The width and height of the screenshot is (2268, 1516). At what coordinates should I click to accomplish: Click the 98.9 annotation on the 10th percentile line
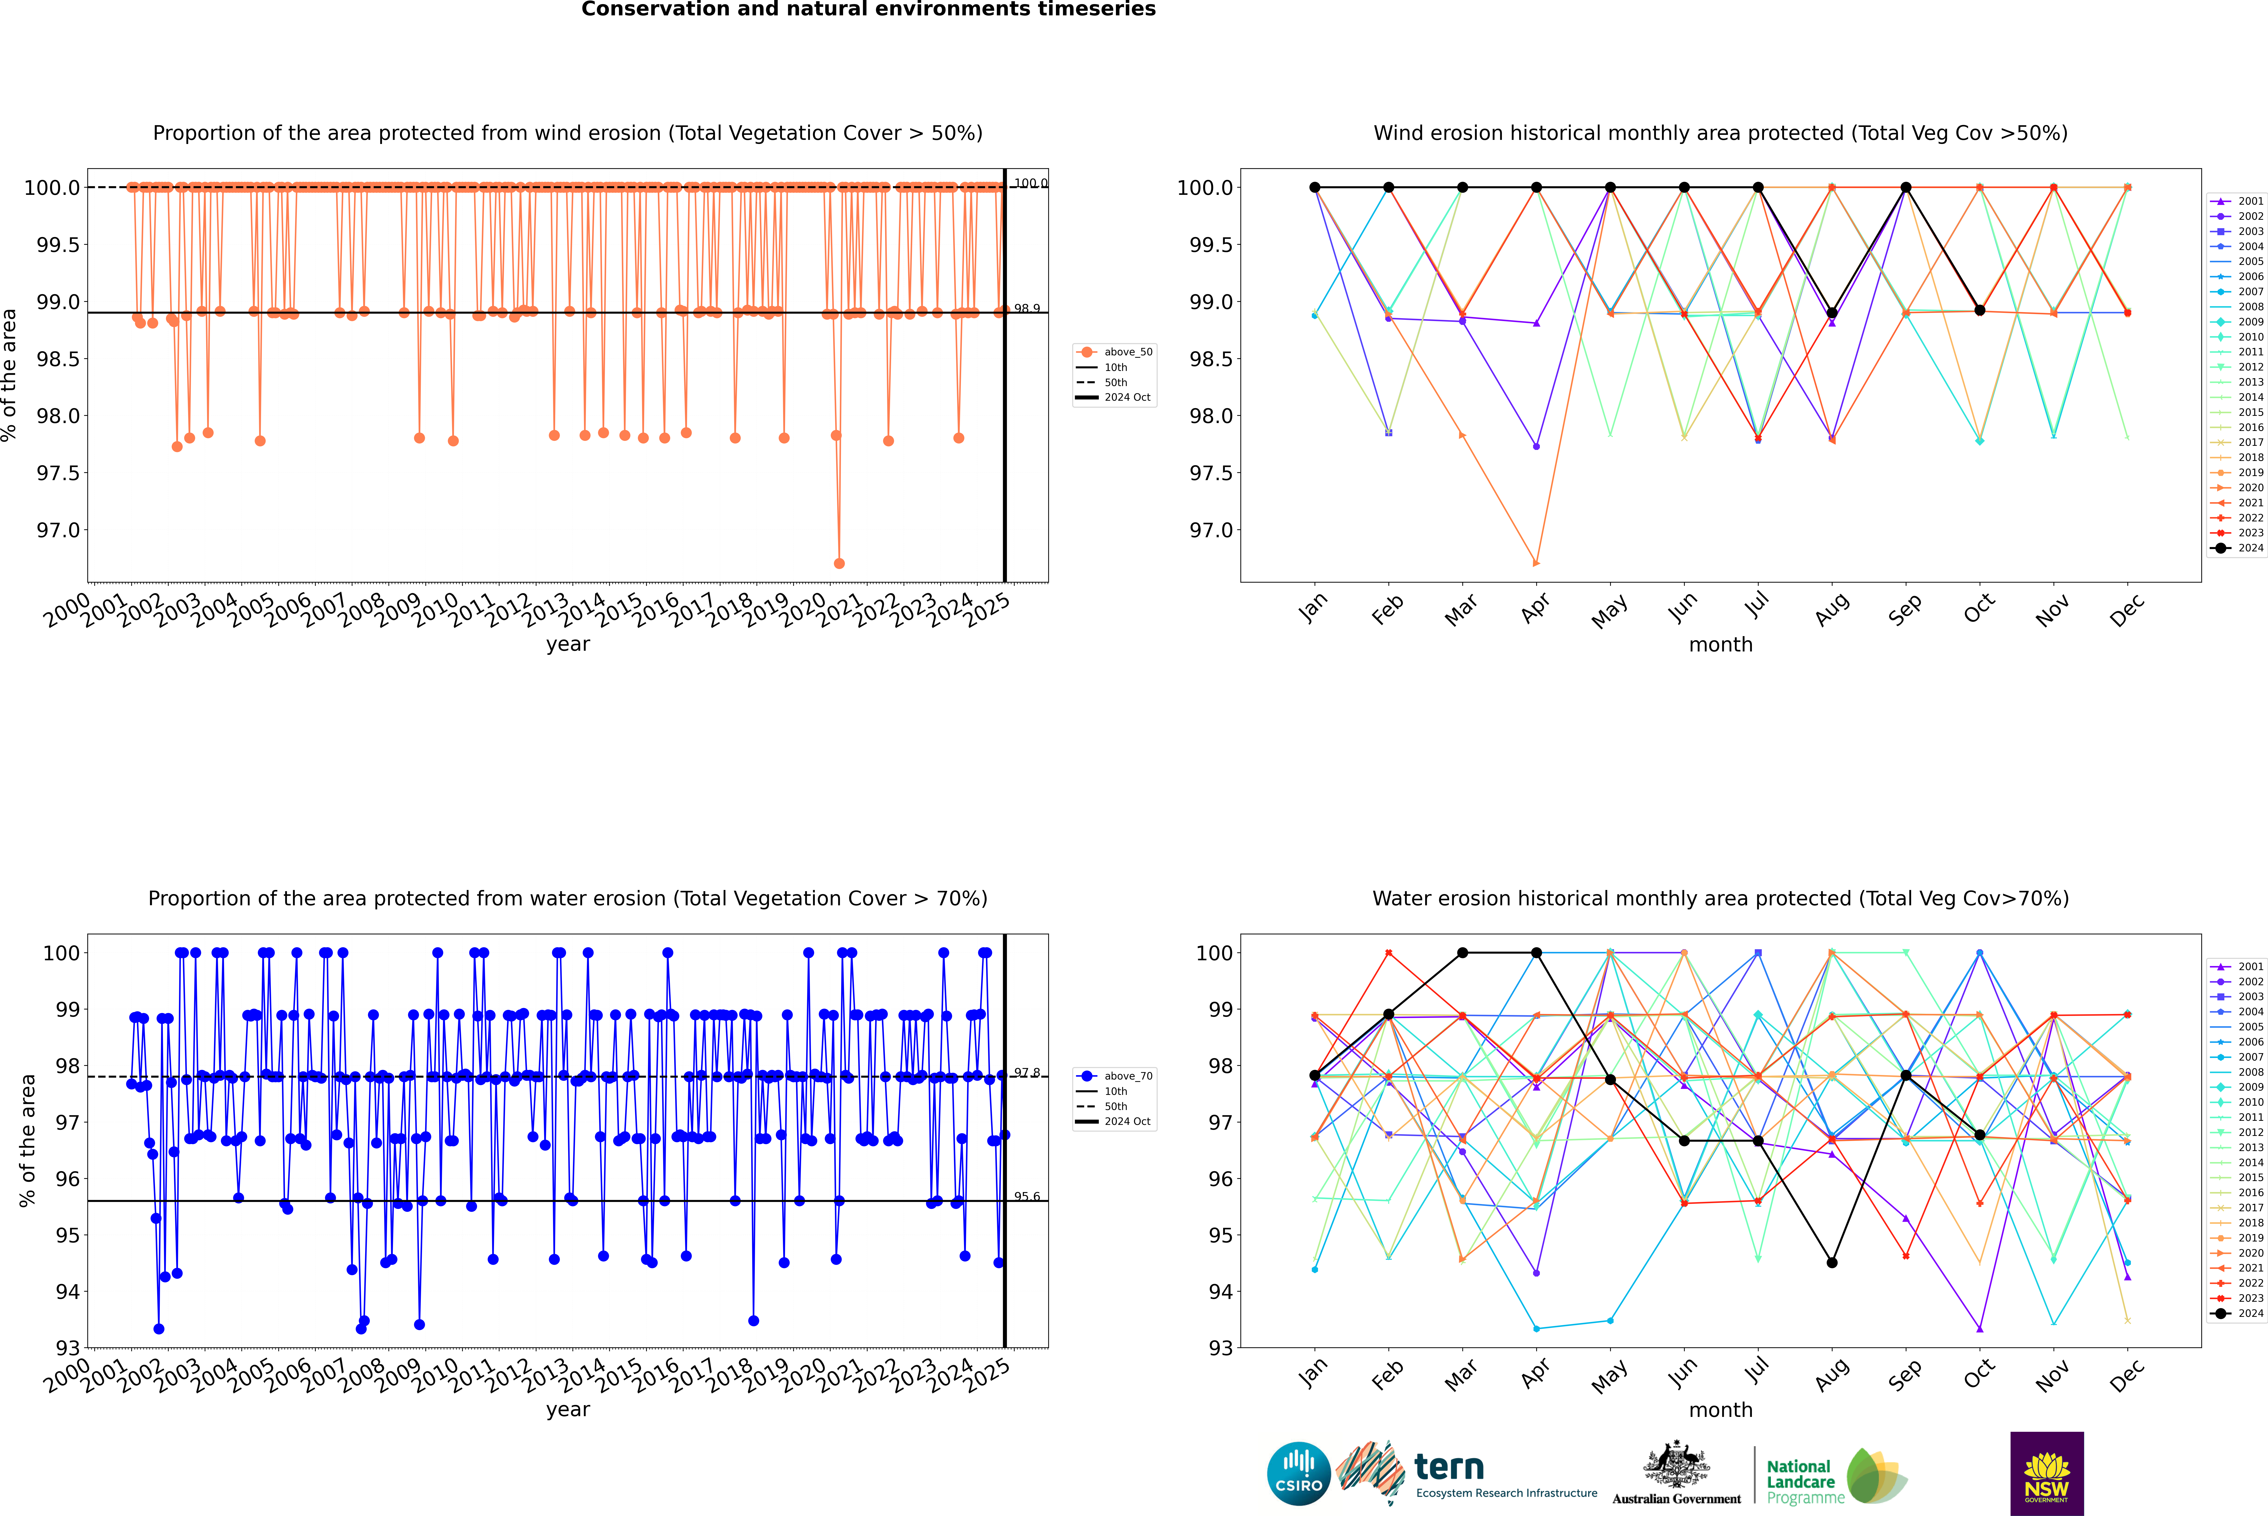[1027, 308]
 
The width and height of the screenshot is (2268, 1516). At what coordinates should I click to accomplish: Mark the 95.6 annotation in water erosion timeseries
[1027, 1197]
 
